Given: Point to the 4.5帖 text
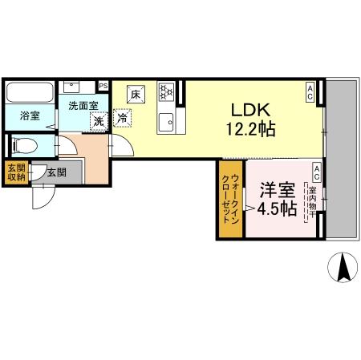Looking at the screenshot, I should tap(278, 209).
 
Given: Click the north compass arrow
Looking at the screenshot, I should tap(345, 267).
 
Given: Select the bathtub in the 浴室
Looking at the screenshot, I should tap(30, 93).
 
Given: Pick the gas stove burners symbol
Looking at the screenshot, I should tap(167, 92).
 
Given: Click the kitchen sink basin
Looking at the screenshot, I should tap(168, 122).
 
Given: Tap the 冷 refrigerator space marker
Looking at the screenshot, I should tap(124, 119).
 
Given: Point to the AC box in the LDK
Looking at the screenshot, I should tap(310, 93).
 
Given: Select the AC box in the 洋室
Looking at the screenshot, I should tap(317, 170).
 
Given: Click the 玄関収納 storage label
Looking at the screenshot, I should tap(14, 173).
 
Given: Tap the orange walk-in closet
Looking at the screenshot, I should tap(230, 200).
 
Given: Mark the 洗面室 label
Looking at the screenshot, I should tap(82, 105).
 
